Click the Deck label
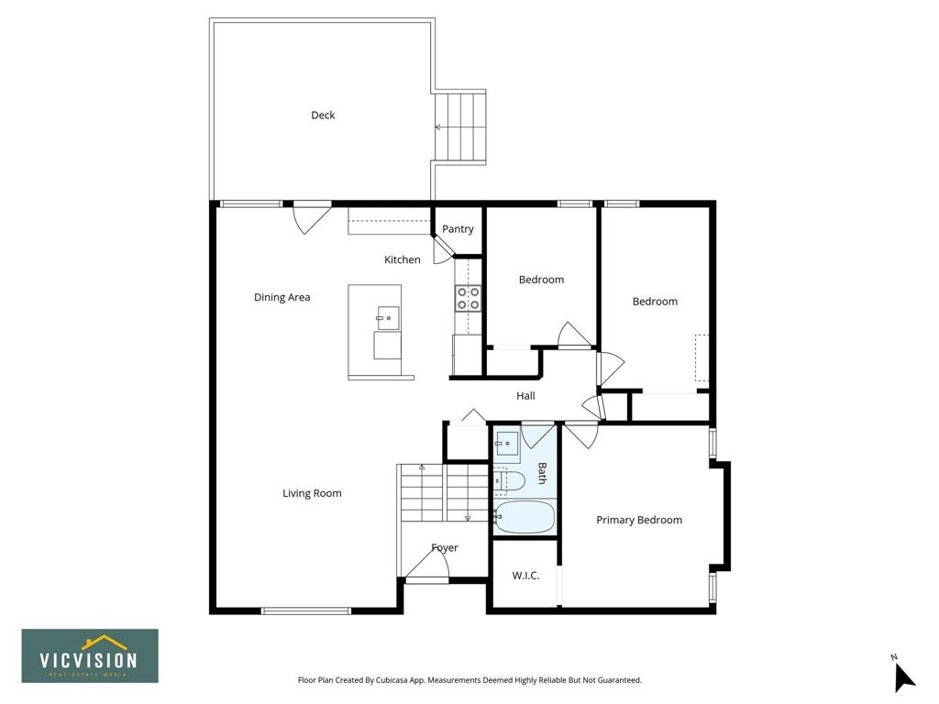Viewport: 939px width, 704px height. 323,115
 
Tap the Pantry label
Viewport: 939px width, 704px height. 458,228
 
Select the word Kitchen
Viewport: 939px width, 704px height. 402,259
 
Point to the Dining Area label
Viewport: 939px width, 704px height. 282,297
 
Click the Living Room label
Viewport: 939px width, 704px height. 312,493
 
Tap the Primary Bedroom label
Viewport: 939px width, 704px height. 639,520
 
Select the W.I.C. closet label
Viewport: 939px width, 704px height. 525,576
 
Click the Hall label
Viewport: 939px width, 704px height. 525,396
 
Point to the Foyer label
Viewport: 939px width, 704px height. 445,548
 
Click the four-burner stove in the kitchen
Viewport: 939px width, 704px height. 469,298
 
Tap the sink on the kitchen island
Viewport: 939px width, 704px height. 388,315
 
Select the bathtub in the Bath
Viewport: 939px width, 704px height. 525,517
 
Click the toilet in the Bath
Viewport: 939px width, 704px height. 509,480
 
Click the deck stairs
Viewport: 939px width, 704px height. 458,126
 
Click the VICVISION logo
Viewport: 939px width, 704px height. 90,655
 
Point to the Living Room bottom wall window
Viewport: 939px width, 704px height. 306,610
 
